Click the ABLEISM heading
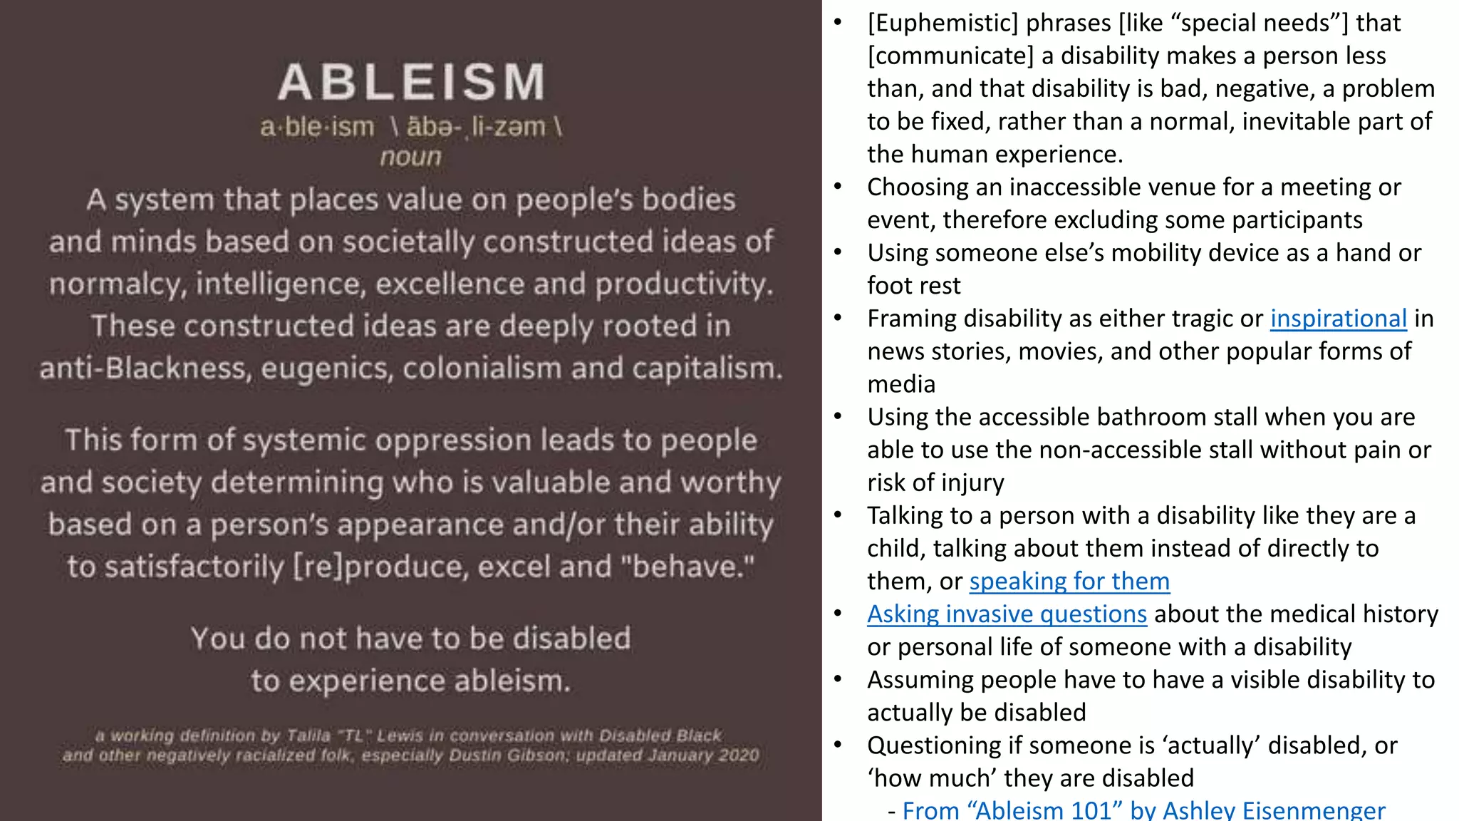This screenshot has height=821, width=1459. coord(412,82)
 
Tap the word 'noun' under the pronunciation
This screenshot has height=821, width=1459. coord(411,157)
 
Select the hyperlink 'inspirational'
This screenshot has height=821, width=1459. coord(1338,319)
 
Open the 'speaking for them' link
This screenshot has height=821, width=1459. coord(1069,582)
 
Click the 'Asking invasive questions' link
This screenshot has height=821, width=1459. coord(1006,614)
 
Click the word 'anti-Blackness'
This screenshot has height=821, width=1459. coord(142,368)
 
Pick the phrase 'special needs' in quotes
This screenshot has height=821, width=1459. coord(1260,24)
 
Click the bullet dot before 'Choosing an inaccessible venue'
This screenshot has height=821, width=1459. coord(838,187)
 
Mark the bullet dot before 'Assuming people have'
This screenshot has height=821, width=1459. coord(838,680)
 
